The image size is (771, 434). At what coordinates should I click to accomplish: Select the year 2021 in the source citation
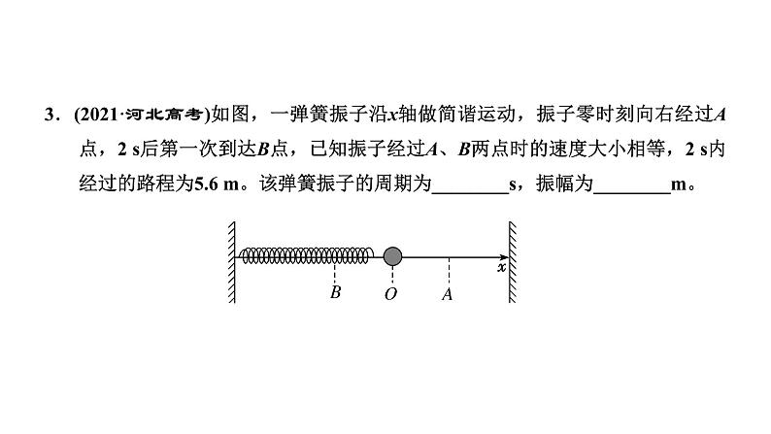click(x=93, y=117)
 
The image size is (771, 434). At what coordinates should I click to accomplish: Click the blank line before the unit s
click(x=469, y=186)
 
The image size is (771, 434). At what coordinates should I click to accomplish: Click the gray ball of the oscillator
click(x=392, y=256)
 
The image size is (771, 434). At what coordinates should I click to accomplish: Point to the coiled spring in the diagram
click(x=306, y=255)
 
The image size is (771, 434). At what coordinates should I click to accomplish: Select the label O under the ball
click(x=391, y=293)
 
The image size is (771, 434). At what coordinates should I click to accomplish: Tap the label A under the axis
click(x=448, y=293)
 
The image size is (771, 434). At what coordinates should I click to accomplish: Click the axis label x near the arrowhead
click(x=501, y=267)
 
